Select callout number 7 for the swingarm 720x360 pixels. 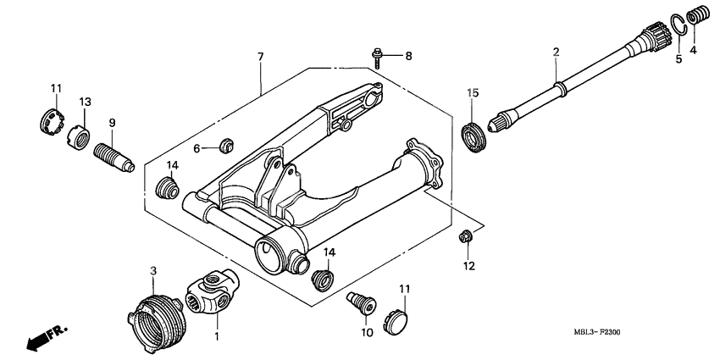(260, 57)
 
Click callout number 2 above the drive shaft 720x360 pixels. (556, 53)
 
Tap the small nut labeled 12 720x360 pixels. (464, 235)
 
